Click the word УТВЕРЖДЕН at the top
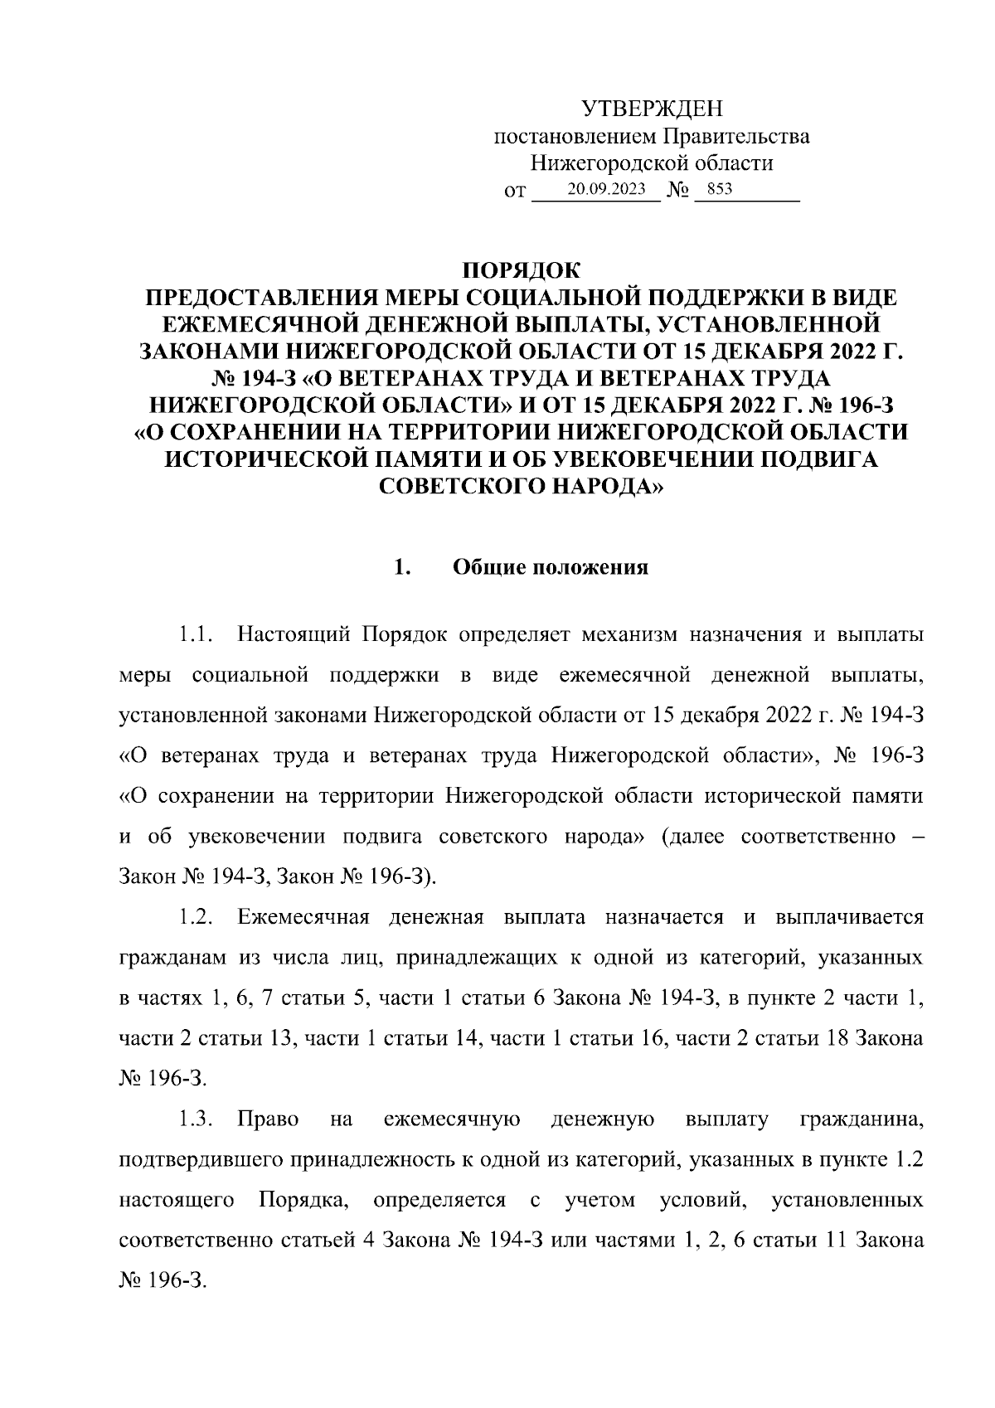pos(652,109)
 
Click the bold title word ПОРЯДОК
pos(522,270)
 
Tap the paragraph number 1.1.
pos(197,636)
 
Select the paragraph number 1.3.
pos(197,1120)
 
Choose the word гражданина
pos(861,1120)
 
